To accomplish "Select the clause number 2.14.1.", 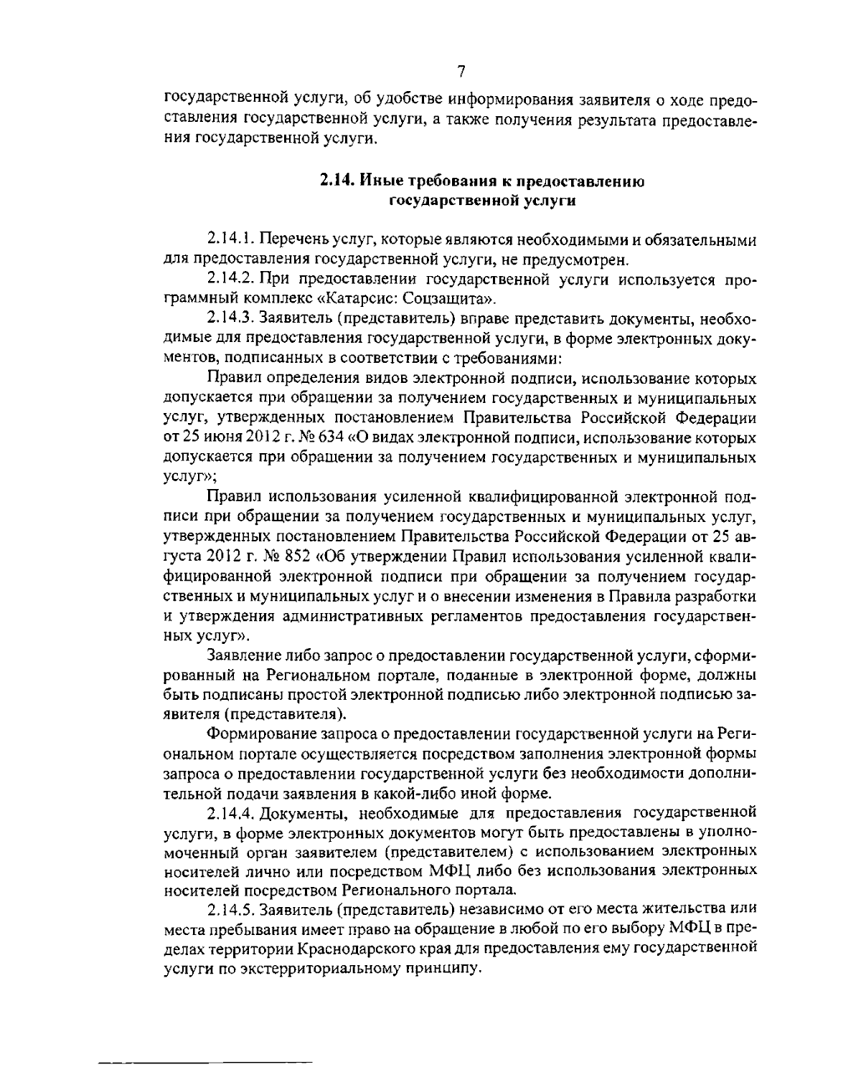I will pyautogui.click(x=230, y=238).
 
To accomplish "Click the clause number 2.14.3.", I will pyautogui.click(x=230, y=316).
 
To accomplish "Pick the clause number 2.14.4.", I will pyautogui.click(x=230, y=812).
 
